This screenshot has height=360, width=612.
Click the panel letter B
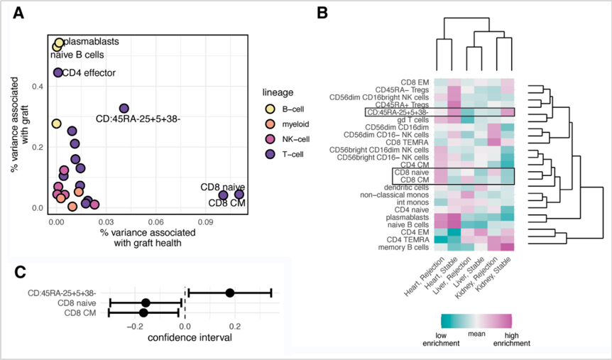pyautogui.click(x=322, y=13)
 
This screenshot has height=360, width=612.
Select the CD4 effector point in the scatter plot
pyautogui.click(x=58, y=72)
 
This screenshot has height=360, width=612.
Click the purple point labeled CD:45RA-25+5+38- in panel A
pyautogui.click(x=124, y=108)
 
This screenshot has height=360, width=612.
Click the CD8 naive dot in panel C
pyautogui.click(x=146, y=302)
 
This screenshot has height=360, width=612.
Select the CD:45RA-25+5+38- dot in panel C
pyautogui.click(x=229, y=293)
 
